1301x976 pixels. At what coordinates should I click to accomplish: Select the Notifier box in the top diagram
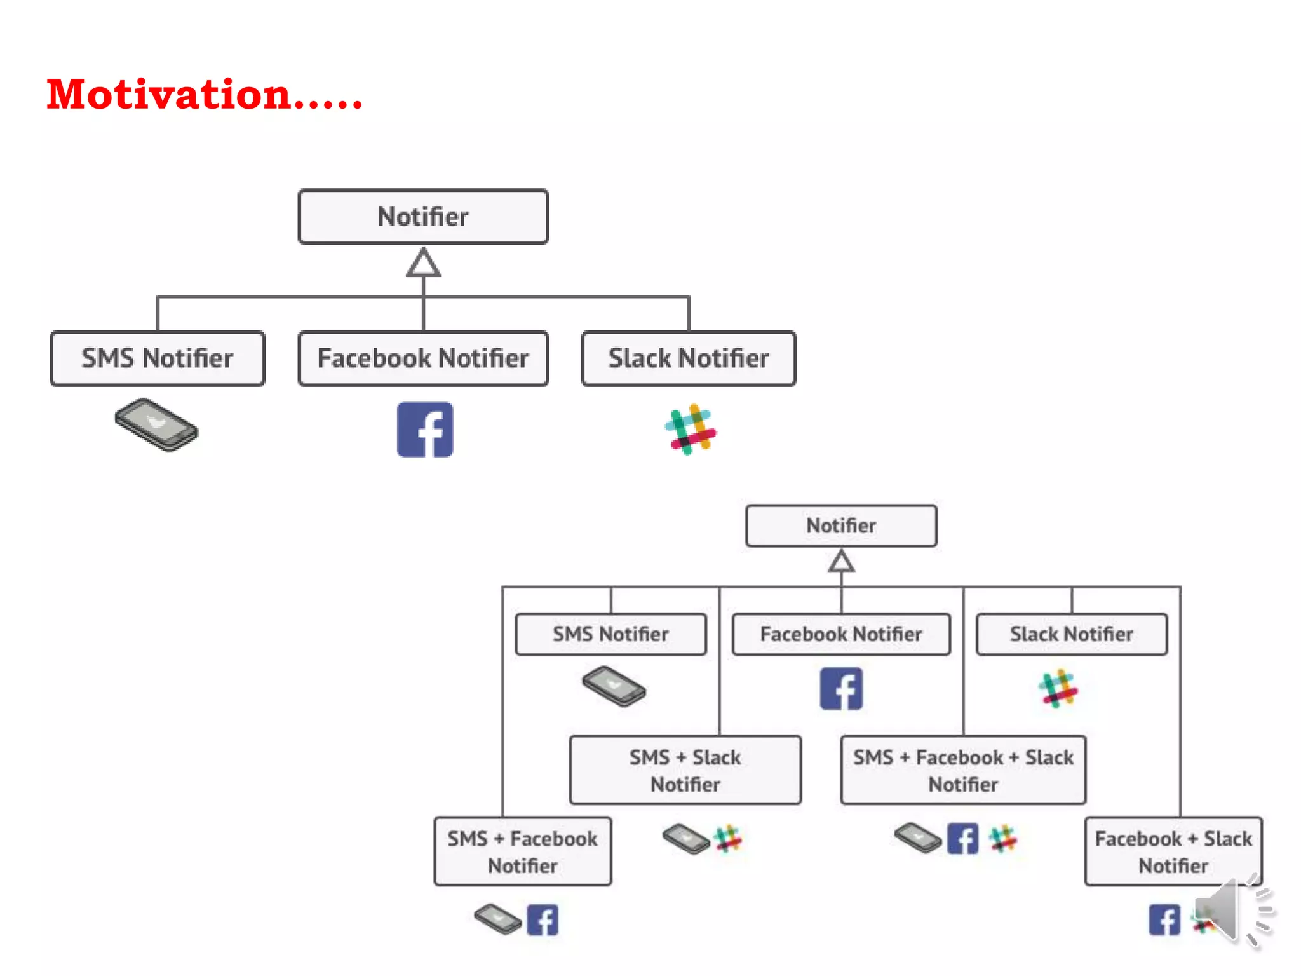423,217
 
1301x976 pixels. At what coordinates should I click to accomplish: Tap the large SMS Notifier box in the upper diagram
158,358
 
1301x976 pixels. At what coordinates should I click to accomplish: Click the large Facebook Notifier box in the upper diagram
423,358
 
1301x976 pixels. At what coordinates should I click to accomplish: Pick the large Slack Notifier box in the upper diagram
689,358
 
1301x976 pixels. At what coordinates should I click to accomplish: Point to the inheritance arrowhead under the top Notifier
423,263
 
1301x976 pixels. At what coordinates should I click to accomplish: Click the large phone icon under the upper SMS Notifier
156,425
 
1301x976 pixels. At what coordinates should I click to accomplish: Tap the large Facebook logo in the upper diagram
425,430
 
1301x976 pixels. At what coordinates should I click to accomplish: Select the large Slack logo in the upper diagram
691,430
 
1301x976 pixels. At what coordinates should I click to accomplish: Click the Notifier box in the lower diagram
841,526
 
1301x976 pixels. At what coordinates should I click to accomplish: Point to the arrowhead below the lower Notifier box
841,562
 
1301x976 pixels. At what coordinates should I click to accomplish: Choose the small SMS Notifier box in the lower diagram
610,634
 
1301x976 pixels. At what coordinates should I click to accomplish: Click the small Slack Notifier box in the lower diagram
1072,634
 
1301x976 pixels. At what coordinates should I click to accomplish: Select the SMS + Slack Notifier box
685,770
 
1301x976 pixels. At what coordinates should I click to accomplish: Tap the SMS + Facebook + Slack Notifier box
963,770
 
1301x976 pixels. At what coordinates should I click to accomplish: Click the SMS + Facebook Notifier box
523,851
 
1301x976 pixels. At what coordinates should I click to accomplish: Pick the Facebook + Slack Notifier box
1173,851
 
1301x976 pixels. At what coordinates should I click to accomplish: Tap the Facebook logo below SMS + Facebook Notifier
543,920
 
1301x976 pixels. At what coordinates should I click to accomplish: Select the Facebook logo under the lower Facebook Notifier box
841,689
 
